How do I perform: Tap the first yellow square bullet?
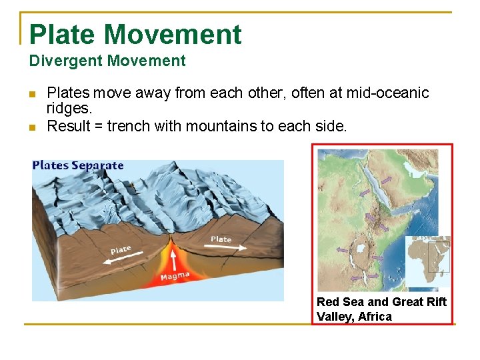pos(33,94)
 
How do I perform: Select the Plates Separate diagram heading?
pos(78,165)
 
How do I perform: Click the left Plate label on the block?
pos(121,250)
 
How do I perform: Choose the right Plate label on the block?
pos(221,239)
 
